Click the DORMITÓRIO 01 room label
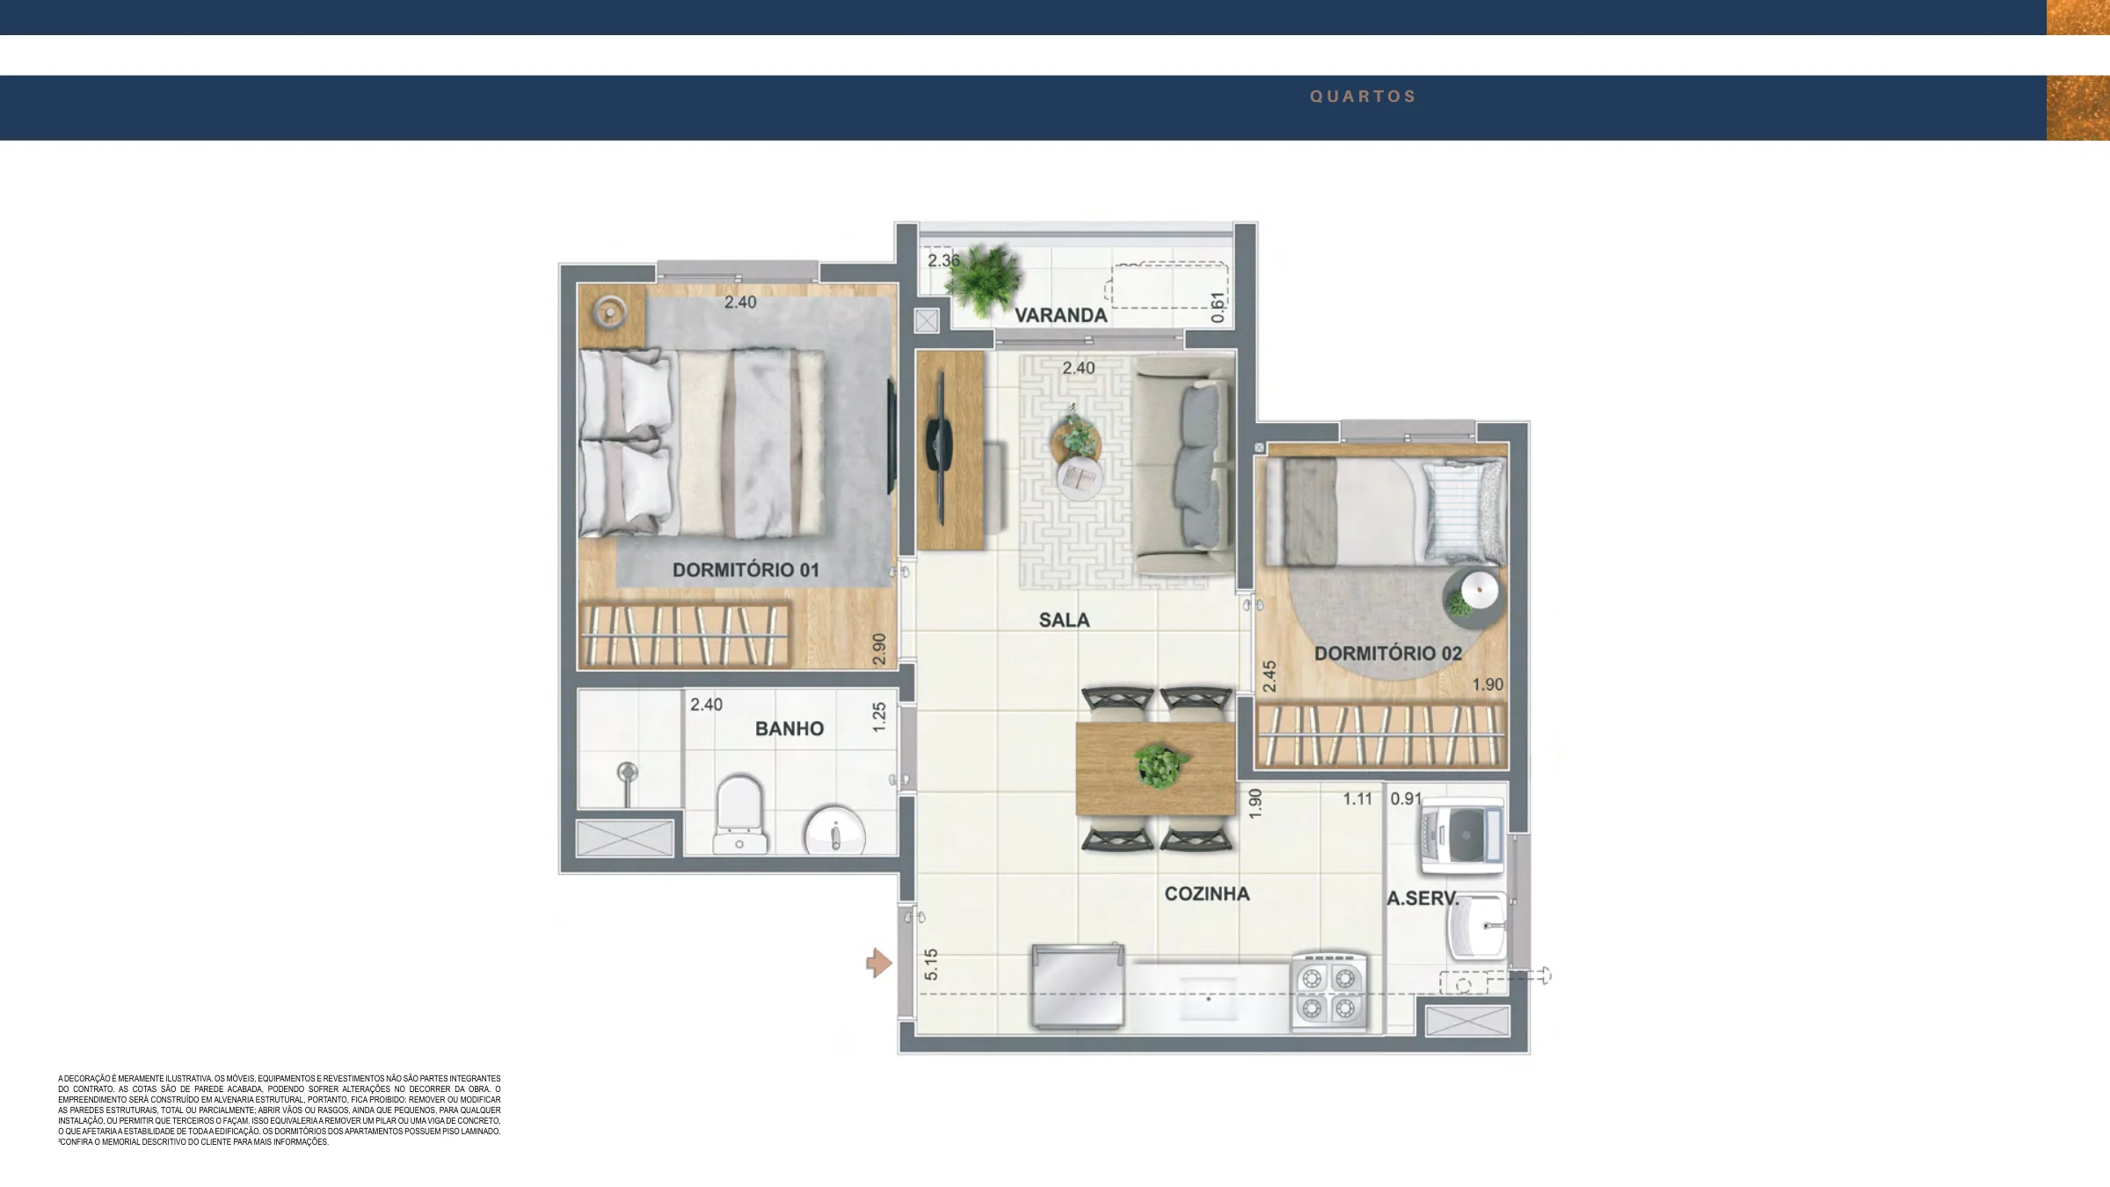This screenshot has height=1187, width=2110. pyautogui.click(x=746, y=570)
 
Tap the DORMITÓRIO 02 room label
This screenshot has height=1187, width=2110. pyautogui.click(x=1388, y=653)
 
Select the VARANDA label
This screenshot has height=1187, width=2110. pyautogui.click(x=1061, y=315)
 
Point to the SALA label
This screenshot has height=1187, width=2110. pyautogui.click(x=1064, y=620)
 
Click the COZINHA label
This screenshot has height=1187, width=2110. pyautogui.click(x=1207, y=893)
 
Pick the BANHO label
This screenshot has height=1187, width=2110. pyautogui.click(x=789, y=728)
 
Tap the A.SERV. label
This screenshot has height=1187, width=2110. pyautogui.click(x=1422, y=899)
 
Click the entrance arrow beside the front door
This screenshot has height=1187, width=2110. pyautogui.click(x=879, y=963)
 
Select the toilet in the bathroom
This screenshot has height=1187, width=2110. pyautogui.click(x=739, y=814)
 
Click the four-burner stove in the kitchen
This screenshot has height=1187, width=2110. pyautogui.click(x=1328, y=991)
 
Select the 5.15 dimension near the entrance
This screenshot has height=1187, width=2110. pyautogui.click(x=931, y=964)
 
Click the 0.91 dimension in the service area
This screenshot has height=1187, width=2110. pyautogui.click(x=1406, y=798)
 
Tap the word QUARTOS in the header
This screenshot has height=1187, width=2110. pyautogui.click(x=1363, y=97)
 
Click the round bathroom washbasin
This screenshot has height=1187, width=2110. pyautogui.click(x=834, y=831)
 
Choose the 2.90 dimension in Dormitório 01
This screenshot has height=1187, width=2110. pyautogui.click(x=879, y=649)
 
